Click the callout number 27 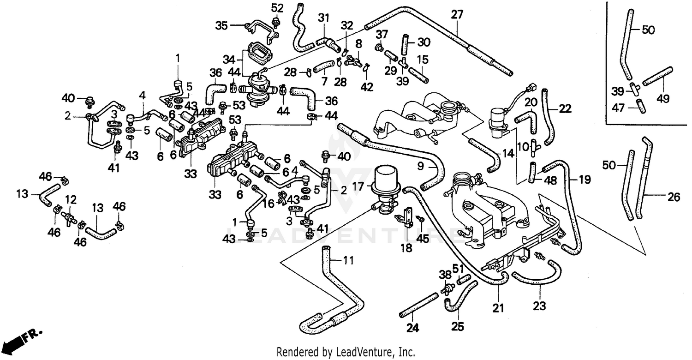pyautogui.click(x=457, y=15)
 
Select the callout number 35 pyautogui.click(x=222, y=25)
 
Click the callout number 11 pyautogui.click(x=348, y=261)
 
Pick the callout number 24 pyautogui.click(x=413, y=328)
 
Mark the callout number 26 pyautogui.click(x=674, y=198)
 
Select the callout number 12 pyautogui.click(x=70, y=199)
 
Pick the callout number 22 pyautogui.click(x=565, y=109)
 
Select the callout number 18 pyautogui.click(x=406, y=248)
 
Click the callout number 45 pyautogui.click(x=423, y=238)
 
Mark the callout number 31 pyautogui.click(x=324, y=18)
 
